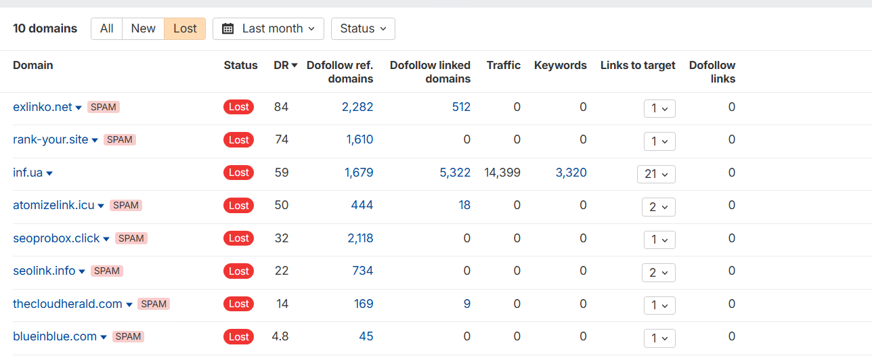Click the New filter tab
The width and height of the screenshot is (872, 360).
coord(143,28)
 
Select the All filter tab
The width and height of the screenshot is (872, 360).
coord(106,28)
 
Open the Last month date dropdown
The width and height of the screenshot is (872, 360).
coord(268,28)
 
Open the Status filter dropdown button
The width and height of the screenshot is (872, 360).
coord(363,28)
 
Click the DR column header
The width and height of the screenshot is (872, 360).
coord(285,66)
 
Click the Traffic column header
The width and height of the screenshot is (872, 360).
coord(503,66)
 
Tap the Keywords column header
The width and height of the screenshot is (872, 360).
coord(560,66)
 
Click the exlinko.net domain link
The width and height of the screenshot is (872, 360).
coord(42,107)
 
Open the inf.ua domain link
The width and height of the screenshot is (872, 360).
coord(28,173)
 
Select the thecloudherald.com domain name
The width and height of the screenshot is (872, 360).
coord(67,304)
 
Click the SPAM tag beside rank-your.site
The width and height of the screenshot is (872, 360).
coord(120,140)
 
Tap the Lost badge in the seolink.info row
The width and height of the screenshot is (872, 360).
coord(238,271)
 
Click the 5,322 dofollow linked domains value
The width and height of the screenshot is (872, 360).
coord(455,173)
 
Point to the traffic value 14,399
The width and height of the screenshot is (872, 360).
coord(502,173)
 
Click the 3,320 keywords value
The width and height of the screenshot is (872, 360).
coord(571,173)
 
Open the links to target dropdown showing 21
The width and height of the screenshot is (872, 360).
coord(656,174)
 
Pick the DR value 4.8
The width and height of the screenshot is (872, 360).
coord(280,336)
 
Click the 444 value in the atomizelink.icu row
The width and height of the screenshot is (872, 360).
coord(362,205)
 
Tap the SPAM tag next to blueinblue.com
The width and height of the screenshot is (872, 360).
coord(128,337)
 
